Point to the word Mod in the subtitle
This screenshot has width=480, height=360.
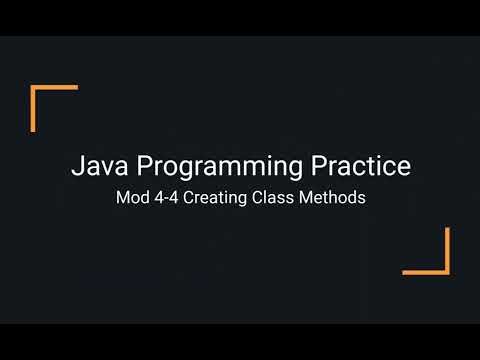132,197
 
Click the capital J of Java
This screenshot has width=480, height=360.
76,166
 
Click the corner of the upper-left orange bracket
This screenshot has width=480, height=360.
33,89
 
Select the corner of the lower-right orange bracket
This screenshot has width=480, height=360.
447,271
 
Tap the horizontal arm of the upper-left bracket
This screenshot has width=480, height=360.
56,89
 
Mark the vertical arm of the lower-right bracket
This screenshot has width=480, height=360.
447,249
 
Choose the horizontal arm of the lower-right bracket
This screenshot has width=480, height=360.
424,271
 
